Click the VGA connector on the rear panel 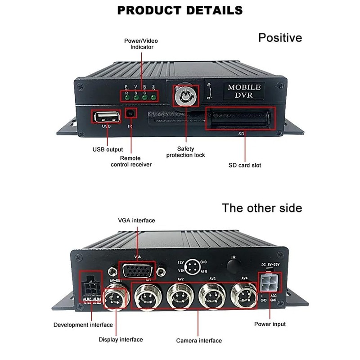pyautogui.click(x=137, y=271)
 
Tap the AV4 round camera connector pyautogui.click(x=243, y=296)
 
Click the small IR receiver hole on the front pyautogui.click(x=131, y=114)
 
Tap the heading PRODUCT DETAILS pyautogui.click(x=180, y=10)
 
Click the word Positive pyautogui.click(x=280, y=37)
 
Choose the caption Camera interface pyautogui.click(x=199, y=341)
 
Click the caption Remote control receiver pyautogui.click(x=131, y=162)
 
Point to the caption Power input pyautogui.click(x=270, y=324)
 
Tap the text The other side pyautogui.click(x=262, y=208)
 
